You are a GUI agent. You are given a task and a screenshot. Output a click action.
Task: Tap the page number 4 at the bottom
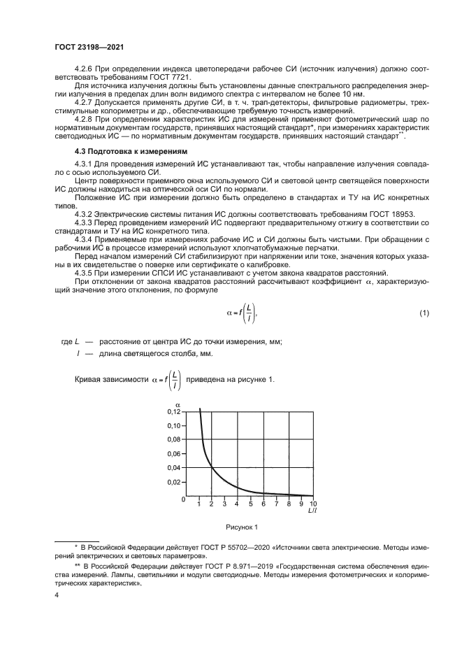57,595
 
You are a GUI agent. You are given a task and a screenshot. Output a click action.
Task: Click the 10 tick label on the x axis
312,504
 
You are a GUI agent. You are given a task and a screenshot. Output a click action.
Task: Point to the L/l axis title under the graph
310,511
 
